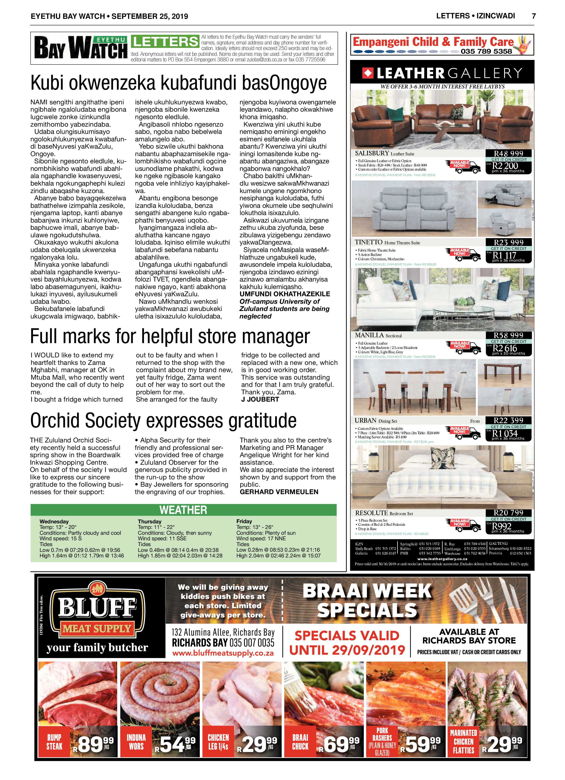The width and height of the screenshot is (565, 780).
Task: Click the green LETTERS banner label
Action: [165, 42]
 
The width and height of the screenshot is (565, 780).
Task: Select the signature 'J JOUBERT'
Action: [260, 399]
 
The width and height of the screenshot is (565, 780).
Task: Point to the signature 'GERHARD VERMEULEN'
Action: [279, 492]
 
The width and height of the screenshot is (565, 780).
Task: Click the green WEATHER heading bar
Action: [183, 510]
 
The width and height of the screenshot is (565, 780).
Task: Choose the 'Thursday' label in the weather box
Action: [150, 521]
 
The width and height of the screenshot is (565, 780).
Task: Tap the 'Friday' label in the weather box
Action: [244, 521]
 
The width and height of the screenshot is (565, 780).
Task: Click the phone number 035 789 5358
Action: [486, 51]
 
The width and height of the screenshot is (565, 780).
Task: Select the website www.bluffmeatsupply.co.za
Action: [223, 653]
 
